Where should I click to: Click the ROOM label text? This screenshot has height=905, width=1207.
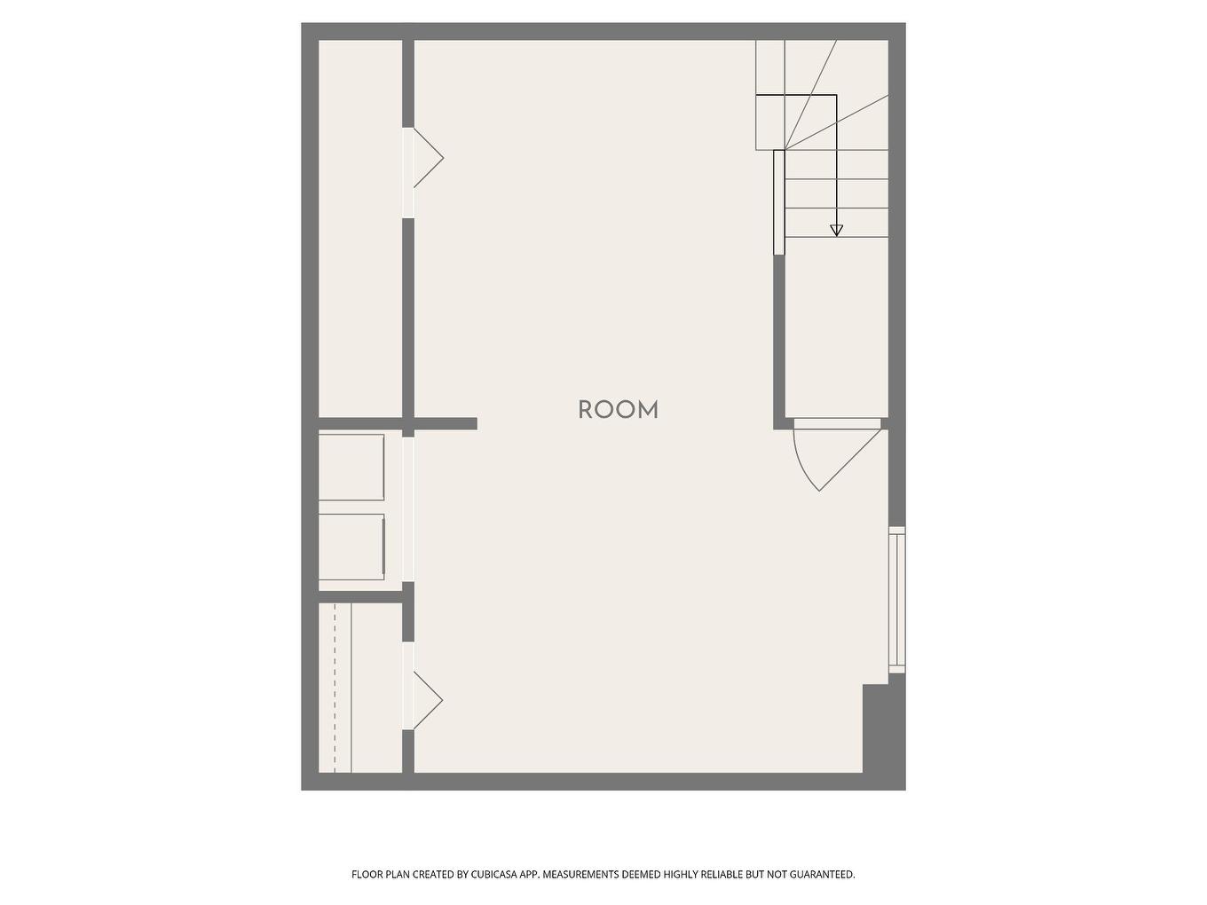pyautogui.click(x=618, y=410)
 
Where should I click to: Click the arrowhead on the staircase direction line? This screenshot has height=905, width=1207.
pyautogui.click(x=836, y=230)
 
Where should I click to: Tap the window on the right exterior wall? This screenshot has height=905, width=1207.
pyautogui.click(x=897, y=600)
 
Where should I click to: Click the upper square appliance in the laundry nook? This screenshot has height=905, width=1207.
pyautogui.click(x=351, y=467)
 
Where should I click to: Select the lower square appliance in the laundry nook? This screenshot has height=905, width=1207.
pyautogui.click(x=351, y=547)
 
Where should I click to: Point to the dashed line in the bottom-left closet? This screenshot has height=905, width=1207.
pyautogui.click(x=335, y=688)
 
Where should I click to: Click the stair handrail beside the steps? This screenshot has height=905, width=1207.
pyautogui.click(x=778, y=202)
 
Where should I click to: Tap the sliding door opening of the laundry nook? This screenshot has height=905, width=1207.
pyautogui.click(x=408, y=509)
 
